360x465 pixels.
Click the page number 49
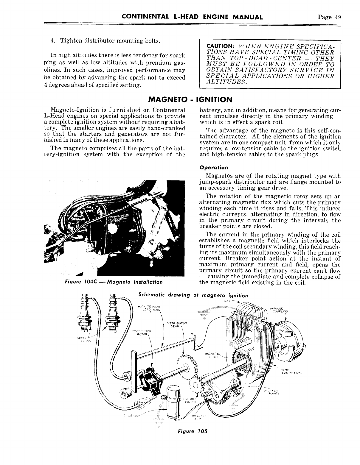337,17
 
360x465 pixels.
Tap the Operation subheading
214,167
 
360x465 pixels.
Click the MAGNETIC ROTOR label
212,355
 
